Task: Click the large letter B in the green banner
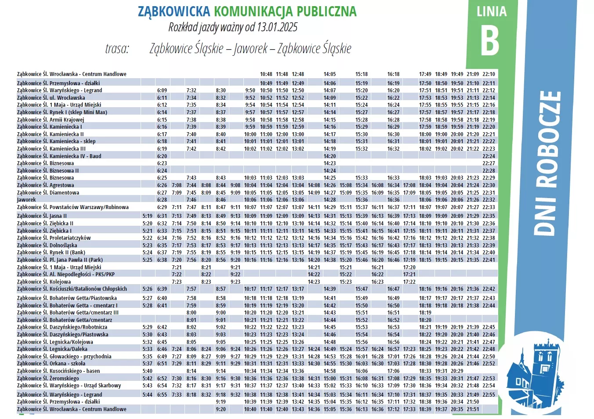click(x=490, y=40)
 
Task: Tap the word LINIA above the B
click(x=491, y=11)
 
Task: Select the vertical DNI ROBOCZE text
click(x=548, y=163)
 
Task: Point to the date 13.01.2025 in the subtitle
click(x=277, y=27)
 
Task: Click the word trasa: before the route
click(x=117, y=48)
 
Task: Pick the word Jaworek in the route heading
click(x=250, y=48)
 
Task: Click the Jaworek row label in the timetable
click(x=26, y=200)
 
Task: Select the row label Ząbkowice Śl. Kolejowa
click(x=44, y=282)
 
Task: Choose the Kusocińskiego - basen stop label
click(x=58, y=371)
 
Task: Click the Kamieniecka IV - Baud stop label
click(x=59, y=156)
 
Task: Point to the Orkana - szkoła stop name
click(x=51, y=364)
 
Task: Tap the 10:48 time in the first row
click(x=266, y=74)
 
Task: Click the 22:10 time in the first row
click(x=489, y=74)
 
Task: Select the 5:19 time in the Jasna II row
click(x=148, y=216)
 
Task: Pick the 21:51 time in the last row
click(x=473, y=409)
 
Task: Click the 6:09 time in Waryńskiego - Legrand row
click(x=162, y=90)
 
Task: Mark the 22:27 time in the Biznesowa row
click(x=489, y=163)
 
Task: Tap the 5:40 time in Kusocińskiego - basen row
click(x=148, y=371)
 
